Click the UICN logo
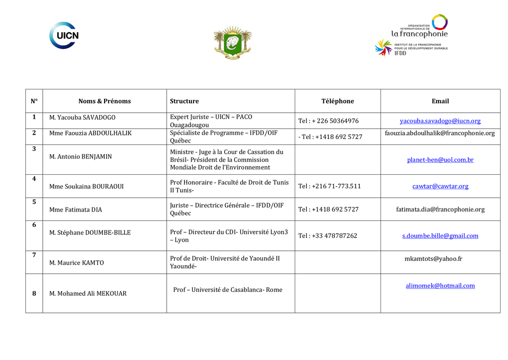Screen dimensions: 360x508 click(x=64, y=35)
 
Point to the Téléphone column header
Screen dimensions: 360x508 click(x=337, y=101)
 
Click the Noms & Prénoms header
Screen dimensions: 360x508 click(x=105, y=101)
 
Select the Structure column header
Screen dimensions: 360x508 click(x=185, y=101)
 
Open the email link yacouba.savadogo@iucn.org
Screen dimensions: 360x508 click(x=440, y=121)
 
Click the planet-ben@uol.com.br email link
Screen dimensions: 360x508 click(x=440, y=160)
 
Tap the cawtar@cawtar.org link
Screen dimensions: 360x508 click(x=440, y=186)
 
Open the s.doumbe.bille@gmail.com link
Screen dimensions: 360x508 click(x=440, y=236)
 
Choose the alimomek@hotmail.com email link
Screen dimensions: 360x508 click(x=440, y=286)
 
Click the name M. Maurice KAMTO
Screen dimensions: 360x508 click(x=77, y=263)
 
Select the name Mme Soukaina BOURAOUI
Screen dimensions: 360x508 click(x=86, y=187)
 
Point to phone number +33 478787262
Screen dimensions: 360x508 click(x=327, y=236)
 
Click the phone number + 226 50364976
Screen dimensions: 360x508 click(x=328, y=121)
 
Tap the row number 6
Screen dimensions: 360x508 click(x=34, y=225)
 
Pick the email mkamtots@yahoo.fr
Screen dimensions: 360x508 click(x=434, y=259)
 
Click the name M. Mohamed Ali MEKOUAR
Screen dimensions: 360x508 click(x=88, y=293)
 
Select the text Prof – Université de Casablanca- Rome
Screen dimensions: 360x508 click(x=228, y=290)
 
